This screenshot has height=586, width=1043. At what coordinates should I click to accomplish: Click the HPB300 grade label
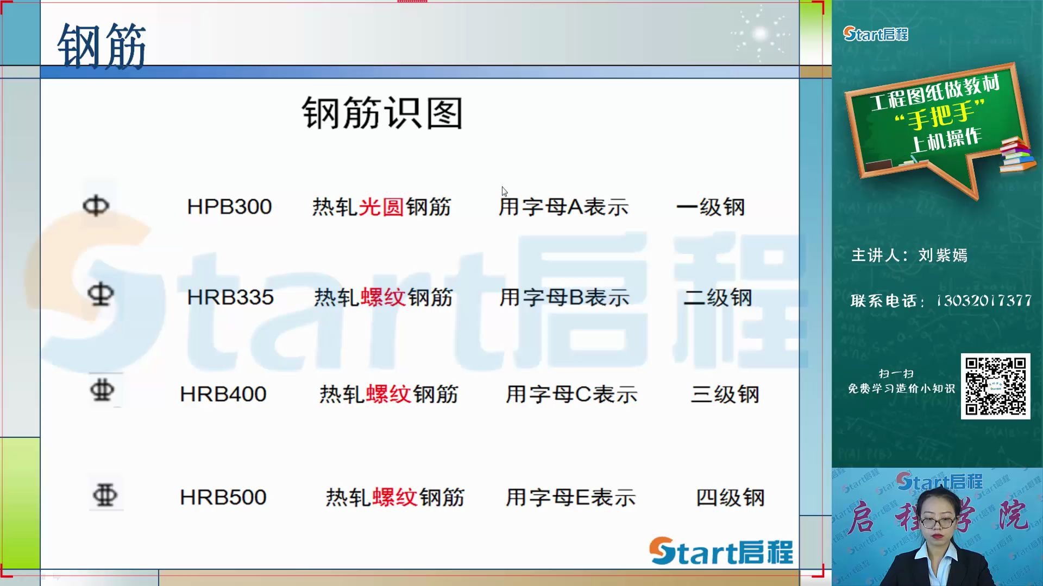pos(229,207)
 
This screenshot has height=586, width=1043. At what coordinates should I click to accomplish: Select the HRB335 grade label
pos(230,297)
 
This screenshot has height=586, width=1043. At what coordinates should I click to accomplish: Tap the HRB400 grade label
pos(223,394)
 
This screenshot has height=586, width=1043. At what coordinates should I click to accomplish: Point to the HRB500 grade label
pos(223,497)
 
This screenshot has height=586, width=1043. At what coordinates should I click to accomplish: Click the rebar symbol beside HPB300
pos(96,206)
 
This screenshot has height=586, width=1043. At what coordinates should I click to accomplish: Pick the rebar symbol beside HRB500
pos(105,495)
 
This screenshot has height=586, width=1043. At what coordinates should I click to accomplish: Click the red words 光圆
pos(381,207)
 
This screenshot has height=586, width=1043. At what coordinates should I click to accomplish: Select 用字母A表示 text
pos(564,207)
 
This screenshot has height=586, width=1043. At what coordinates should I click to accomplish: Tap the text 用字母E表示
pos(570,497)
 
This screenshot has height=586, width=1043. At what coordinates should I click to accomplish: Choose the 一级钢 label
pos(711,207)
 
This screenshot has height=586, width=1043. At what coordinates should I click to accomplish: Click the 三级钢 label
pos(725,394)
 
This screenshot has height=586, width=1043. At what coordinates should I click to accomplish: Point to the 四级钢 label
pos(731,497)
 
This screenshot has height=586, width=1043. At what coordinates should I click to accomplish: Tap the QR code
pos(995,386)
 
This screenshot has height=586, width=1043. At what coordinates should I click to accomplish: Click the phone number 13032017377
pos(984,300)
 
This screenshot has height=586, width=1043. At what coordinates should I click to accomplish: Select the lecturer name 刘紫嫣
pos(943,255)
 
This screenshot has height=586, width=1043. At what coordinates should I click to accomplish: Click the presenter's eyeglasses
pos(937,523)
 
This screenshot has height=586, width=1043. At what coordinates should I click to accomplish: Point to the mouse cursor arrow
pos(504,191)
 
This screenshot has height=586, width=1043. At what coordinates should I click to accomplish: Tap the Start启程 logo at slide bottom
pos(721,551)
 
